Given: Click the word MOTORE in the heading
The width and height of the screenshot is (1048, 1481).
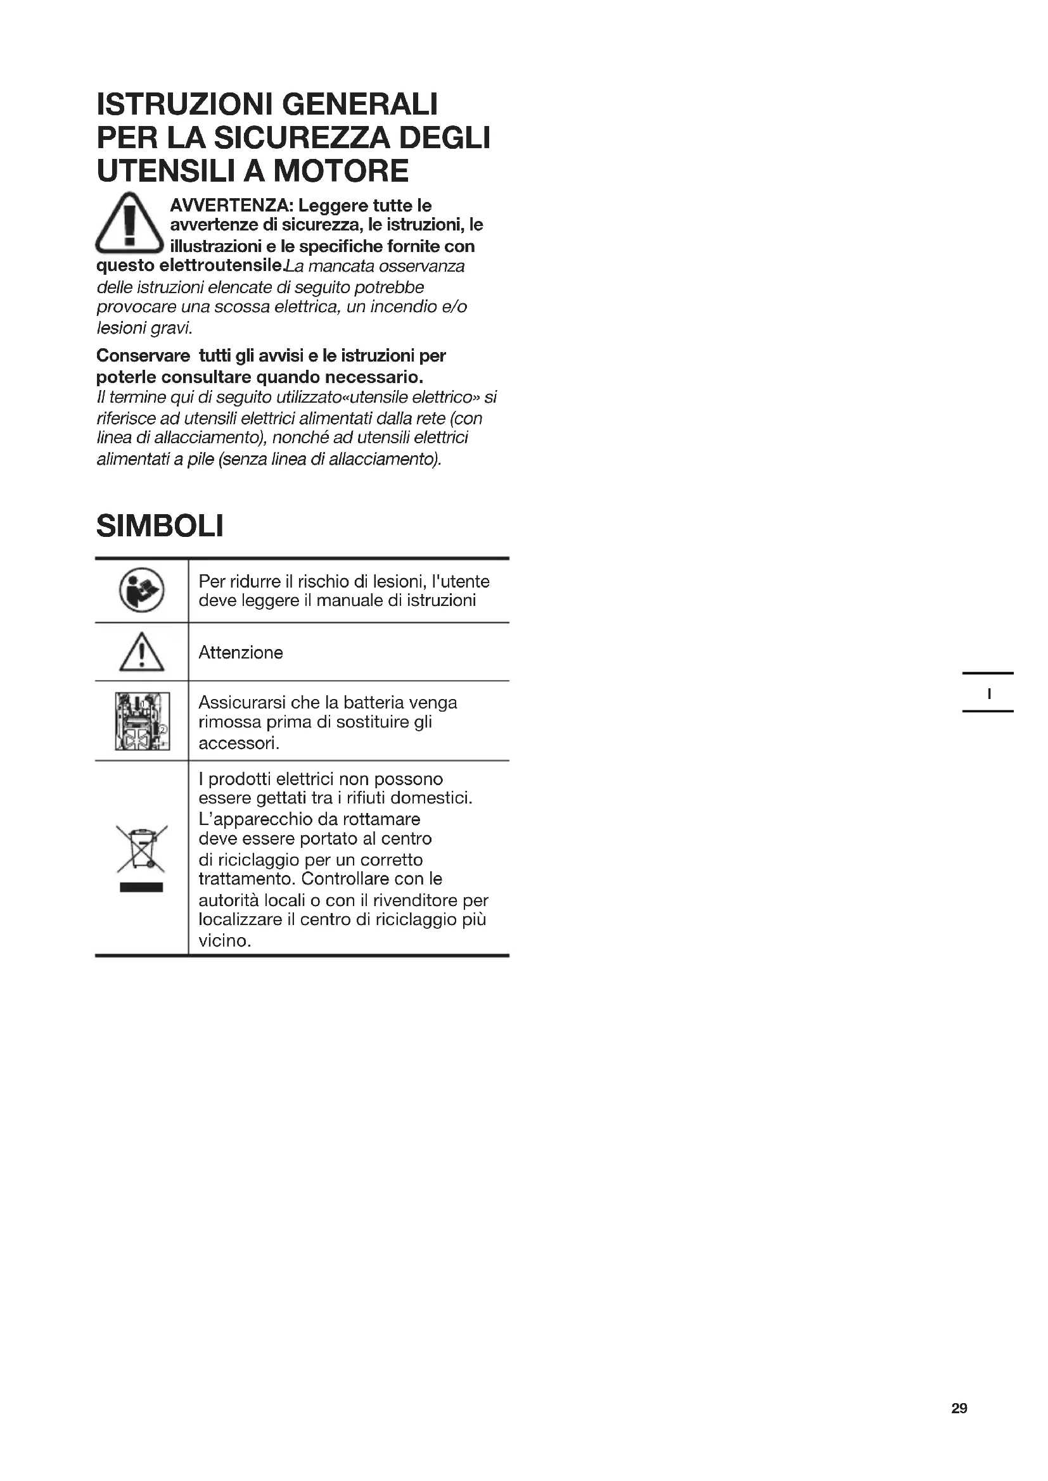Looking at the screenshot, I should [x=341, y=171].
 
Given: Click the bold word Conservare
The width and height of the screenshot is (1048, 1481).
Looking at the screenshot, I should [x=143, y=356].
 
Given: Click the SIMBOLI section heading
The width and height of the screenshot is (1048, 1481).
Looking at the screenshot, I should [x=160, y=526].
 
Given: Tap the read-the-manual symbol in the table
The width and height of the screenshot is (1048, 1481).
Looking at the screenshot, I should [x=142, y=590].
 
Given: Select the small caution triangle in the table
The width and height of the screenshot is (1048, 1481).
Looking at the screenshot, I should [x=142, y=652].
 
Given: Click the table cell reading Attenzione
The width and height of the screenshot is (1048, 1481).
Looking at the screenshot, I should [x=241, y=653].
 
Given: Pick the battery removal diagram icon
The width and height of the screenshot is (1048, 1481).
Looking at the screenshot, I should [x=142, y=721].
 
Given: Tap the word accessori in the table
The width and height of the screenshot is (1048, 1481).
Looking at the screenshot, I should [x=238, y=744].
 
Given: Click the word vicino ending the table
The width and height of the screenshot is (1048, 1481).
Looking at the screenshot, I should [x=222, y=941].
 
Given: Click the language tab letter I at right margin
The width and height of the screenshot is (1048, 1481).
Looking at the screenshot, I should [x=988, y=694].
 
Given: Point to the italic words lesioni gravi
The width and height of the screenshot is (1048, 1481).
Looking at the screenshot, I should [x=144, y=329].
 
